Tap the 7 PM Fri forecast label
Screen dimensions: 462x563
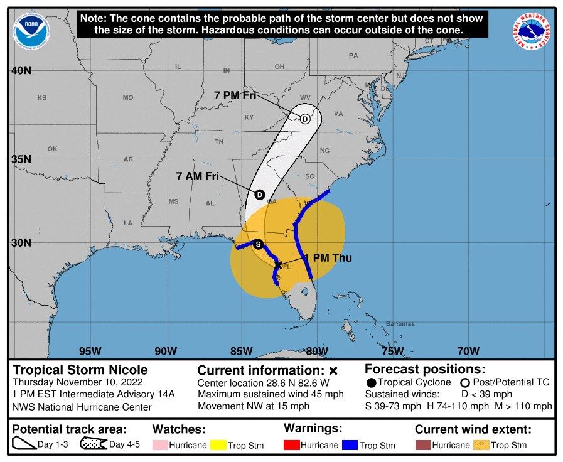[x=235, y=95]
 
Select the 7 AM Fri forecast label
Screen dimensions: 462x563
[x=198, y=176]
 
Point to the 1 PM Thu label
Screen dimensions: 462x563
[x=328, y=258]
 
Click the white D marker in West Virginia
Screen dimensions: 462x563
[x=305, y=119]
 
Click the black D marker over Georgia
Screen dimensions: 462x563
[x=259, y=195]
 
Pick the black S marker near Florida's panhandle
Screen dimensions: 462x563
[x=258, y=245]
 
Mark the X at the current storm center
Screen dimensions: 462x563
[x=278, y=265]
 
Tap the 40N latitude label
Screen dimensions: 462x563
[x=21, y=70]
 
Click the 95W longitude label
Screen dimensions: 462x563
[x=90, y=351]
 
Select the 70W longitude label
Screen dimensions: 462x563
[x=468, y=351]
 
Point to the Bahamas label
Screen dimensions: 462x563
[x=400, y=324]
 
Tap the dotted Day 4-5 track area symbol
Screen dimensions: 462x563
[x=93, y=445]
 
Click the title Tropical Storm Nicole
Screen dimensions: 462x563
[x=80, y=370]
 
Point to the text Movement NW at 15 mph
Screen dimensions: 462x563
[x=254, y=406]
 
